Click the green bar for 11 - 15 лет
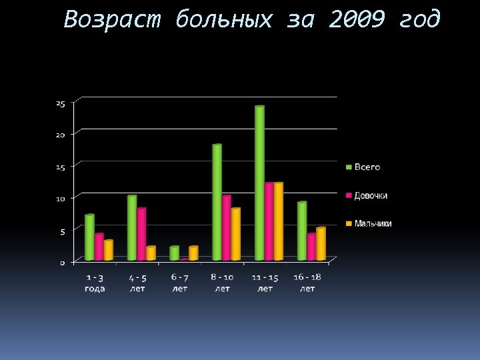[259, 183]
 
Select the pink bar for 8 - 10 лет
[227, 227]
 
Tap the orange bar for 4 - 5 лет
[151, 253]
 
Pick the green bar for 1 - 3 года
[89, 237]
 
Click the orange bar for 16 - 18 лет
[321, 244]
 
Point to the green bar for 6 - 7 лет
[174, 253]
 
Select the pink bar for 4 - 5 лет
[141, 234]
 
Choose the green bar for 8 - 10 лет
[217, 202]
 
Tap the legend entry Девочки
[371, 195]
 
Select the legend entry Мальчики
[373, 223]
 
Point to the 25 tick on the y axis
[61, 103]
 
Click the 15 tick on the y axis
[61, 167]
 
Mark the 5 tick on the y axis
[63, 231]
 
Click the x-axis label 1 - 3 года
[95, 283]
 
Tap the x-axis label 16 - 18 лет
[307, 283]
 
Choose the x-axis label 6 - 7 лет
[180, 283]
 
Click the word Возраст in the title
[113, 20]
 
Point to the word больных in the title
[225, 20]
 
